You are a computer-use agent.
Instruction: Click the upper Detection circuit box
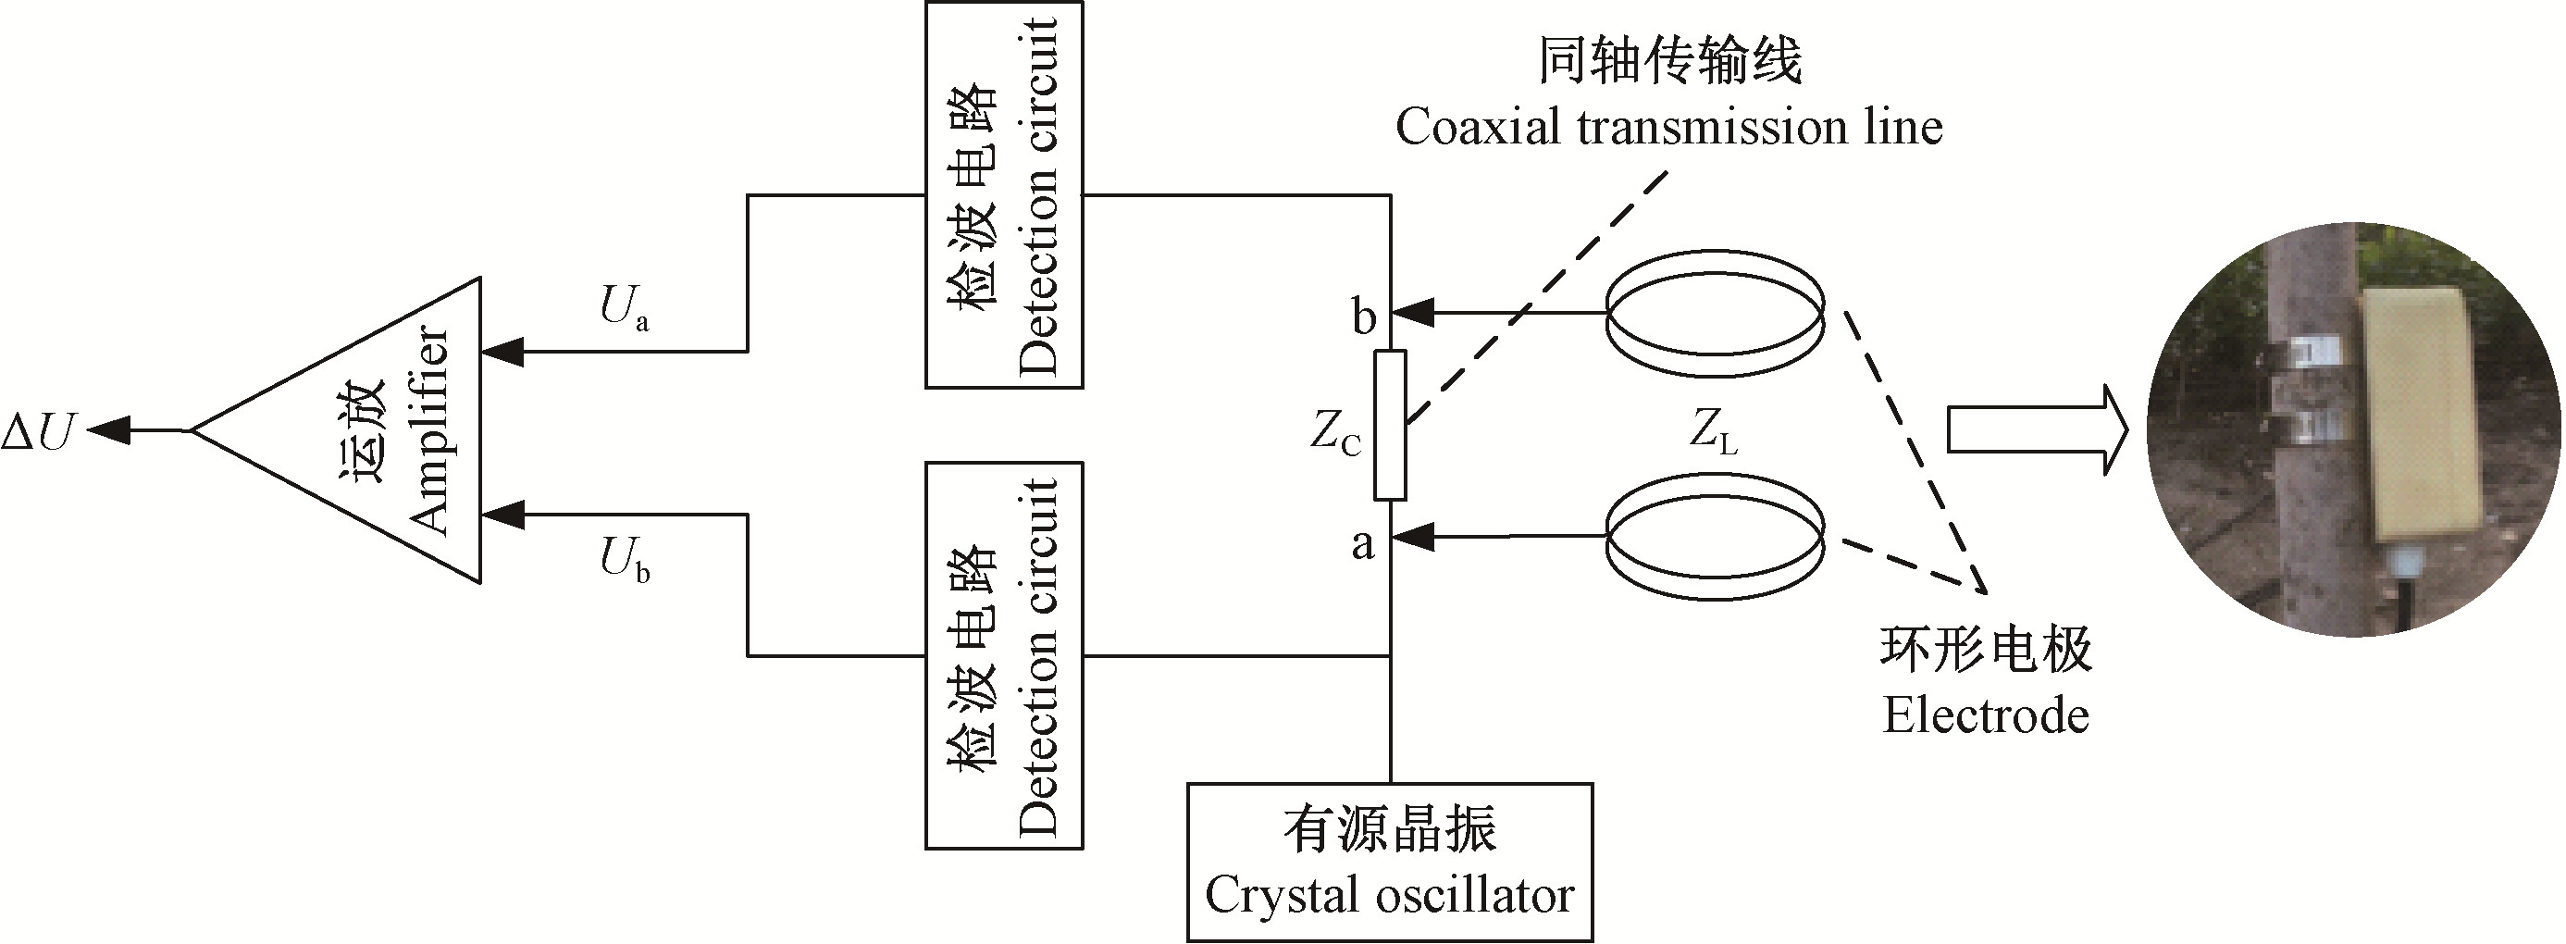[x=1004, y=195]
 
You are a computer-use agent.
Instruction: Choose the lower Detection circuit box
[x=1004, y=655]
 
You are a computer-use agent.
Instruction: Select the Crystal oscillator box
[x=1390, y=863]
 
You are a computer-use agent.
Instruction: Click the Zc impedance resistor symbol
[x=1390, y=425]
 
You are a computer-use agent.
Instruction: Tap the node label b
[x=1364, y=317]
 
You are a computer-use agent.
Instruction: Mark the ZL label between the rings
[x=1714, y=432]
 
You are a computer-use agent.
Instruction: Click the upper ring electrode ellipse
[x=1716, y=313]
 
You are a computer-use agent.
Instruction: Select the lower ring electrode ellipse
[x=1716, y=537]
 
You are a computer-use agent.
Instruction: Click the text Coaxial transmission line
[x=1668, y=128]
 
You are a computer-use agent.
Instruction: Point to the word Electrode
[x=1985, y=716]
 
